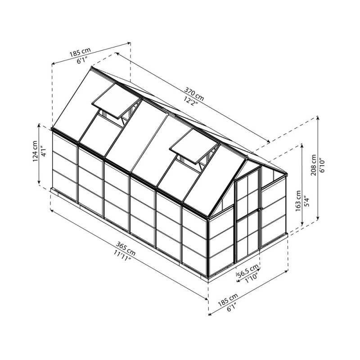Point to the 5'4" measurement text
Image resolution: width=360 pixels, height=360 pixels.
tap(306, 199)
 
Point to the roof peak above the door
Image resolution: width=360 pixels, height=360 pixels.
tap(247, 157)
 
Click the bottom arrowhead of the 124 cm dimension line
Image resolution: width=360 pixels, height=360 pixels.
tap(39, 184)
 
